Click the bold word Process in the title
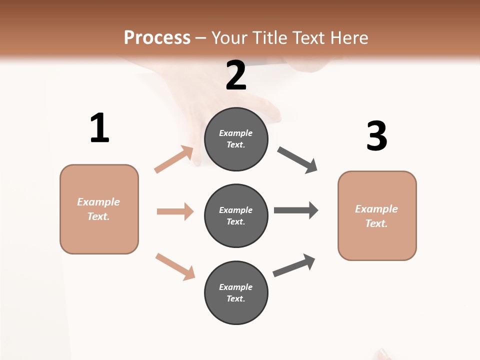[157, 37]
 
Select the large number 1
[99, 128]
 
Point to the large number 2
[236, 75]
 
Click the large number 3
[376, 136]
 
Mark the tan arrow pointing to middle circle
[175, 211]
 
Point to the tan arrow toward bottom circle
[175, 266]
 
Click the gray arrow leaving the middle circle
[295, 210]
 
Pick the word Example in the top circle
[236, 133]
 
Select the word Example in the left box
[98, 202]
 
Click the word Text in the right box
[375, 223]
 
